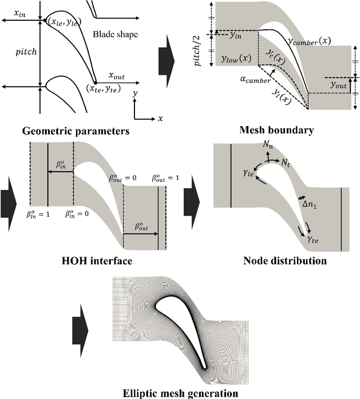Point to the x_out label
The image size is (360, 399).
(x=119, y=75)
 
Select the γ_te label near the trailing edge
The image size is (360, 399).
(x=313, y=239)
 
